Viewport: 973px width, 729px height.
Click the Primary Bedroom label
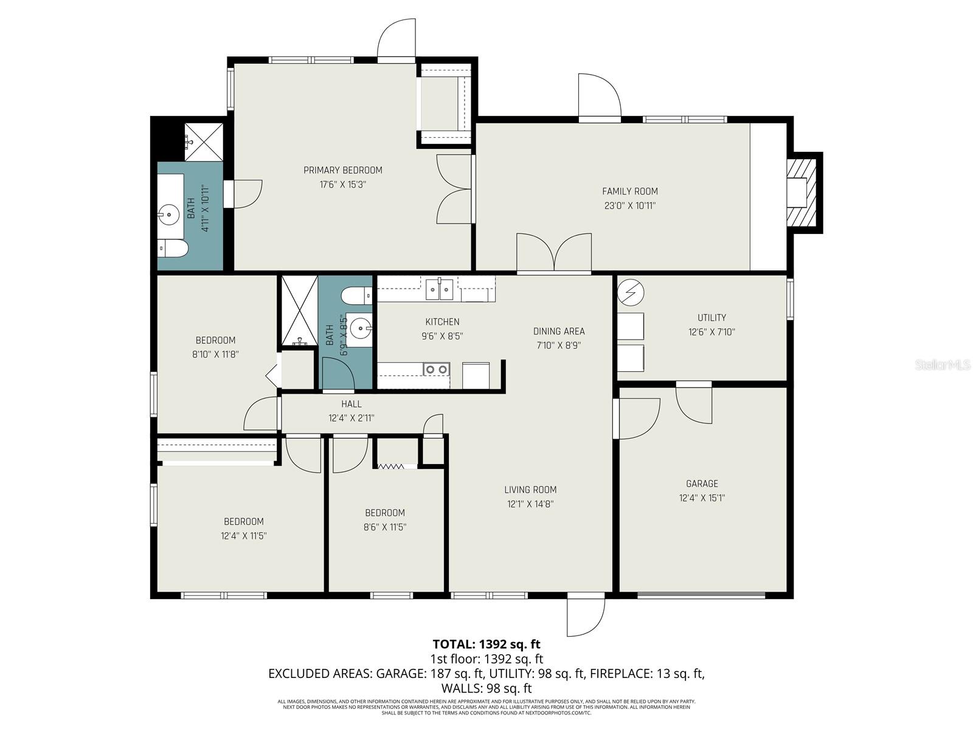coord(342,170)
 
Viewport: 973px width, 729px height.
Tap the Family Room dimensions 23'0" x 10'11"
coord(629,205)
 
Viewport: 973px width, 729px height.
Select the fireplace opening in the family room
coord(797,193)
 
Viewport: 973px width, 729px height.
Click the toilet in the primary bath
coord(170,247)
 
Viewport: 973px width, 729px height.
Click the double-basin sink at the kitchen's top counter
coord(439,290)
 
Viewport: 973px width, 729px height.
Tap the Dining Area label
coord(558,331)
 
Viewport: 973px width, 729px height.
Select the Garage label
coord(702,484)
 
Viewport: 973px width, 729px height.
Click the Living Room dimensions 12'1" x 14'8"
coord(530,504)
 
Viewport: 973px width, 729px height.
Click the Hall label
coord(351,404)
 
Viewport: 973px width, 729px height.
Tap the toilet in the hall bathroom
coord(356,296)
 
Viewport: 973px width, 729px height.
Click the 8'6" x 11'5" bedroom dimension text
coord(384,527)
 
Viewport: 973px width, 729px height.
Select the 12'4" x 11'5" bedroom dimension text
coord(243,536)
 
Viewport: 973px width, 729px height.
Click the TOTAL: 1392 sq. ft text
coord(486,644)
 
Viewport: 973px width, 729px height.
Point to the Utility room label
coord(712,317)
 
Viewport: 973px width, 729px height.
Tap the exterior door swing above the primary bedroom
coord(396,39)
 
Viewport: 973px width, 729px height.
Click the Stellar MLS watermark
coord(943,365)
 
